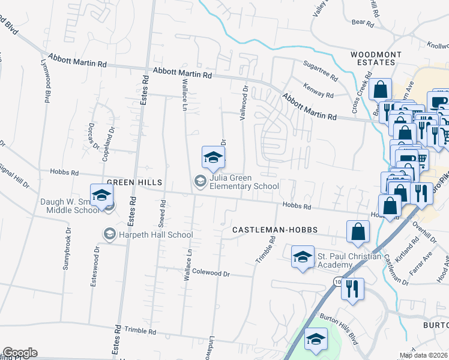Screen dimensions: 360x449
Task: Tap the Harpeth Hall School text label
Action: (155, 235)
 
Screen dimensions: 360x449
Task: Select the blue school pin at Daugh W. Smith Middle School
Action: (101, 196)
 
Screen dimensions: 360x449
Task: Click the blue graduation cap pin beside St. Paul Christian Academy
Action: (303, 257)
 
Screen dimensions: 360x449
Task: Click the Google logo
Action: (20, 353)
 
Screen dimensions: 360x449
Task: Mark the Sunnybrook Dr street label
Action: (65, 248)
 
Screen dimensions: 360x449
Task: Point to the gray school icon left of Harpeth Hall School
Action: (109, 233)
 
